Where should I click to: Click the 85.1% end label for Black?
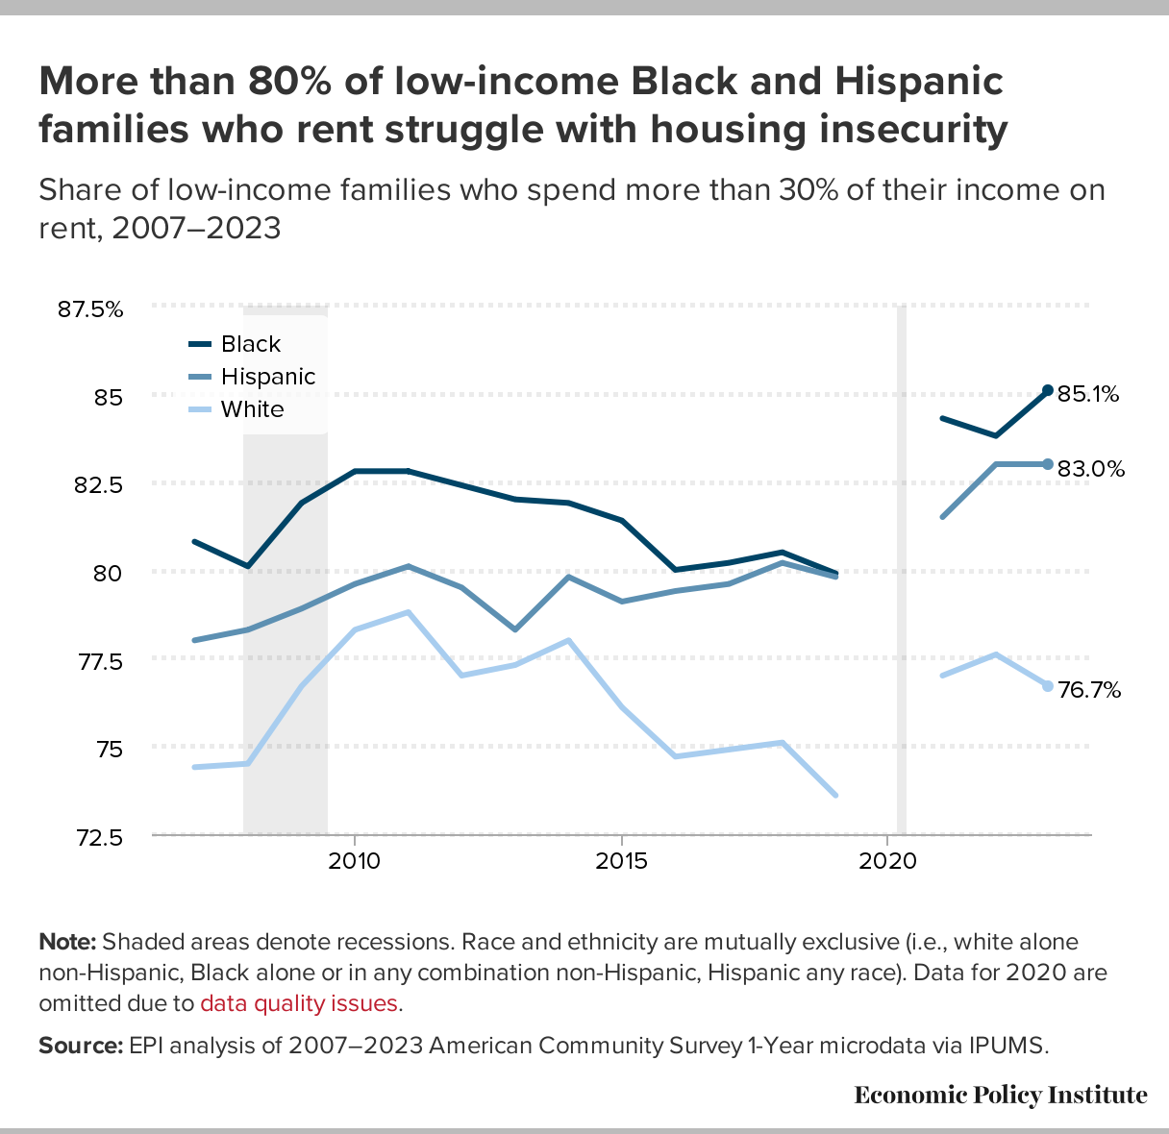[x=1088, y=394]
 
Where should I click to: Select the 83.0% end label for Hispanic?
[x=1090, y=469]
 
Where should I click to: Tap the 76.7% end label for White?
[x=1089, y=690]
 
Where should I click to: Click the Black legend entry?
[x=250, y=344]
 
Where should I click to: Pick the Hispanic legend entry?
[x=267, y=377]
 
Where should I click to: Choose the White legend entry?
[x=252, y=409]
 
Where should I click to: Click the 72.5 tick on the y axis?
[x=98, y=837]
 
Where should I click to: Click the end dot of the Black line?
[x=1048, y=390]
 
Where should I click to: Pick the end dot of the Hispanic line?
[x=1048, y=464]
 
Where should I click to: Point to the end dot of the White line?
[x=1048, y=686]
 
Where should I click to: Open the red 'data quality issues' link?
[x=299, y=1003]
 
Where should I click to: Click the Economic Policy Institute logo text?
[x=1000, y=1095]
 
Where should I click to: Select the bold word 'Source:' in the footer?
[x=81, y=1046]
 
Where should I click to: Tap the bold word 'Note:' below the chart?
[x=67, y=942]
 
